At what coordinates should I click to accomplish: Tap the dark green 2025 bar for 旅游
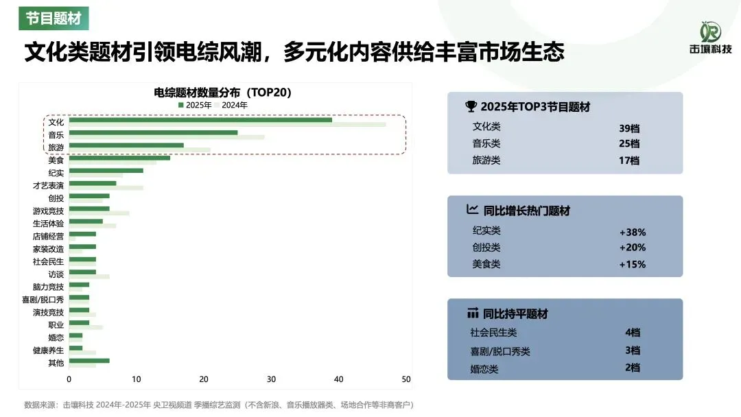pos(127,145)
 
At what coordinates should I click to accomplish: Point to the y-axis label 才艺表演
pos(48,186)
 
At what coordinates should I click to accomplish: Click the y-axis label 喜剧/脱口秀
pos(43,299)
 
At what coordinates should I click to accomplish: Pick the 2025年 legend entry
pos(195,105)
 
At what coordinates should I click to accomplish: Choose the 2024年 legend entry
pos(231,105)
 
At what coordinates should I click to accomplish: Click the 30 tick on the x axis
pos(271,379)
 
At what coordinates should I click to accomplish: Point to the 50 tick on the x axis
pos(405,379)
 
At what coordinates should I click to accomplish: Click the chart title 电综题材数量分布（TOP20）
pos(224,93)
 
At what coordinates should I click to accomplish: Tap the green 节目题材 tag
pos(54,19)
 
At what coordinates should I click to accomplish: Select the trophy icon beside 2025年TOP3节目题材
pos(471,106)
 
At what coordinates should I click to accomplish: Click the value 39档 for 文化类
pos(628,127)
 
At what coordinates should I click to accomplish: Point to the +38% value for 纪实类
pos(632,232)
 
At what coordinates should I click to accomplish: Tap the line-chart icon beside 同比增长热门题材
pos(472,210)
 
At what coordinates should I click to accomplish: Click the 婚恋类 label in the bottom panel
pos(484,369)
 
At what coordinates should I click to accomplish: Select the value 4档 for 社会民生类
pos(632,333)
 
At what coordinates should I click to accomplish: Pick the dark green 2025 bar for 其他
pos(89,360)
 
